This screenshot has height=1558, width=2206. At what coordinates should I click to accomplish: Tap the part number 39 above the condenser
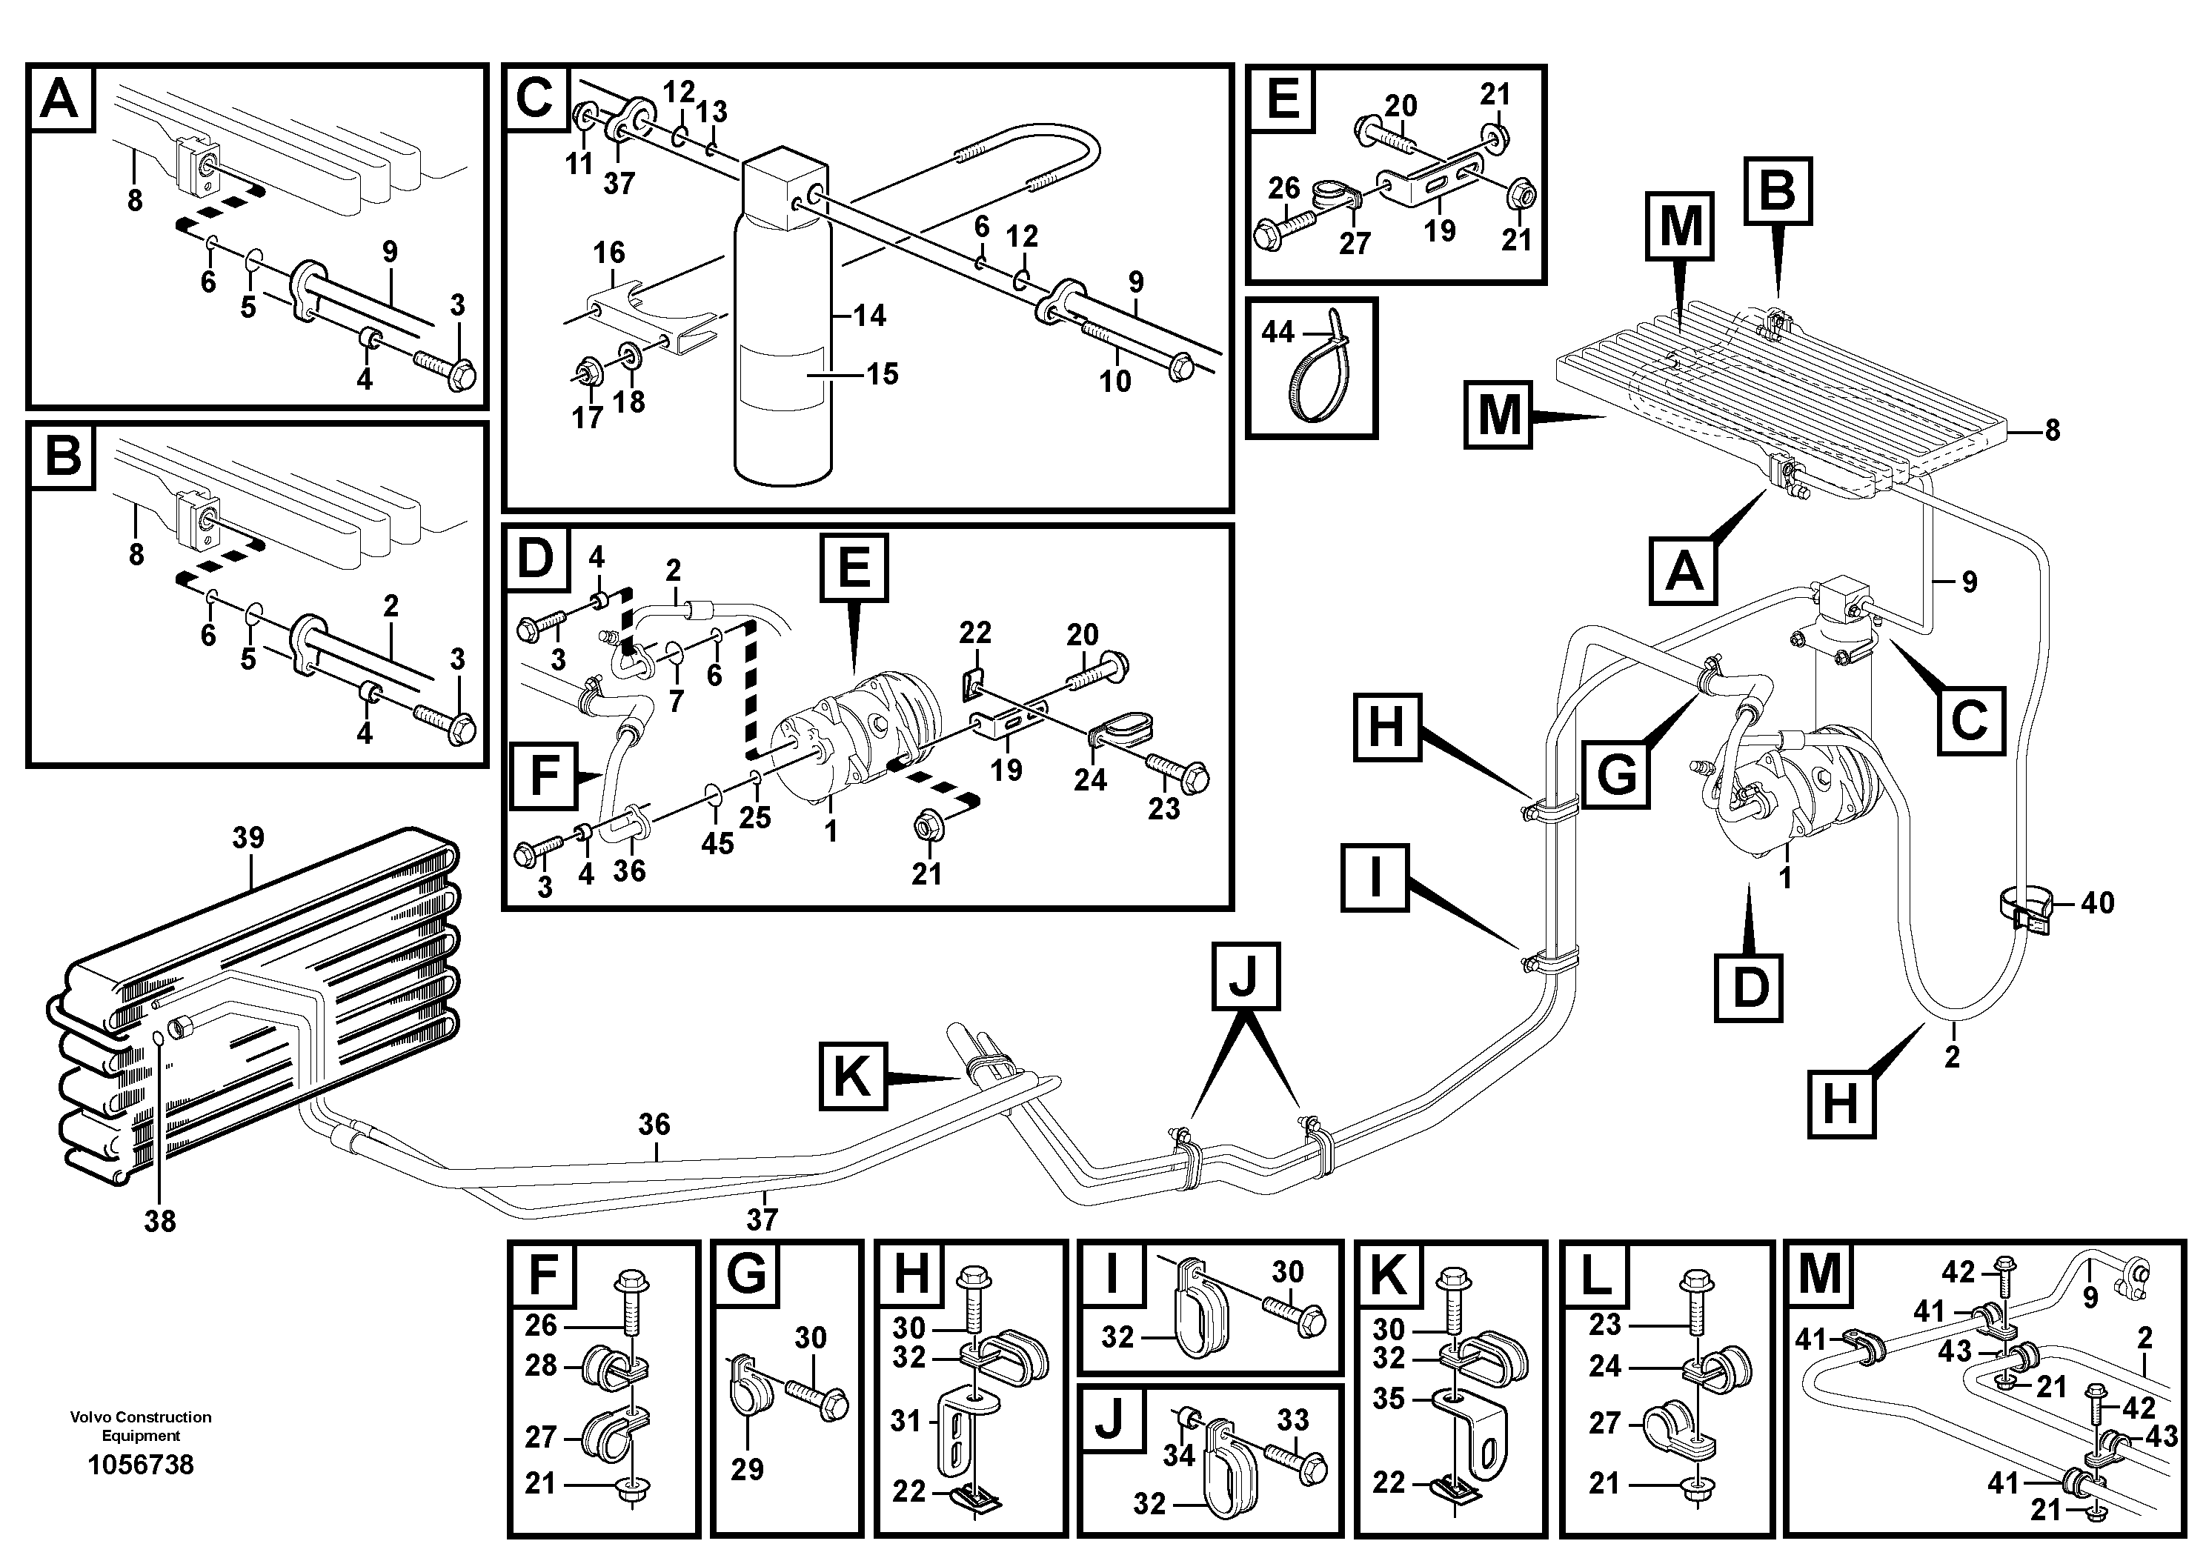click(248, 838)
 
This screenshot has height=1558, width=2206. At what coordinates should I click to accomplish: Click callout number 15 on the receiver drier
click(882, 373)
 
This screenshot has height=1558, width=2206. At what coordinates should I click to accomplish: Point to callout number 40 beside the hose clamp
click(2097, 903)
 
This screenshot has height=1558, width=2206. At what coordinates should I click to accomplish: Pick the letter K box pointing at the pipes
click(851, 1076)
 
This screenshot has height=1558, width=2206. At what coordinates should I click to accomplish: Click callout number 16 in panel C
click(609, 253)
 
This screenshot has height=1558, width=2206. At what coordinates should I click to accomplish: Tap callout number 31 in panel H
click(906, 1421)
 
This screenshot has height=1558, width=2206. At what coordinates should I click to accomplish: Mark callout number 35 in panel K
click(1389, 1399)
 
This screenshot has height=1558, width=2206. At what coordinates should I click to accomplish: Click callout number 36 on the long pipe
click(654, 1124)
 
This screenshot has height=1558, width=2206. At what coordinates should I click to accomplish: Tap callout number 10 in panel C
click(1114, 382)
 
